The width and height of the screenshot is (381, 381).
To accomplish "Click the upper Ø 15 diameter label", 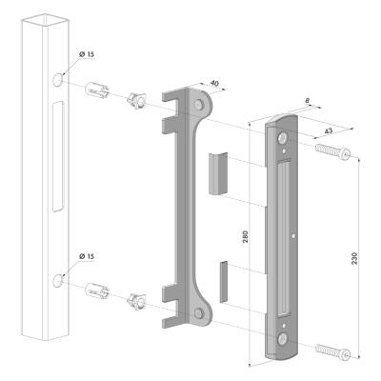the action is tap(87, 54).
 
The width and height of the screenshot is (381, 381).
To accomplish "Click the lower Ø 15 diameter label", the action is tap(87, 256).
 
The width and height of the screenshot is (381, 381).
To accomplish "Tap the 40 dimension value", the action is tap(214, 84).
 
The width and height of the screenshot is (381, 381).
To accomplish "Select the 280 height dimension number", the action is tap(245, 236).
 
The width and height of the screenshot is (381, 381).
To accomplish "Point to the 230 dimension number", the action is tap(354, 258).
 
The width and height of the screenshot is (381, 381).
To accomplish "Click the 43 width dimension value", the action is tap(330, 130).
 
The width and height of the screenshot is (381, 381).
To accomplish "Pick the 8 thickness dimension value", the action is tap(307, 101).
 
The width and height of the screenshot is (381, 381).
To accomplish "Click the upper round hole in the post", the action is tap(57, 79).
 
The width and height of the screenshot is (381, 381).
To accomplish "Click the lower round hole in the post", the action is tap(57, 281).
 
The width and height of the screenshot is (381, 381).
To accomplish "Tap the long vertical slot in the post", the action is tap(58, 156).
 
